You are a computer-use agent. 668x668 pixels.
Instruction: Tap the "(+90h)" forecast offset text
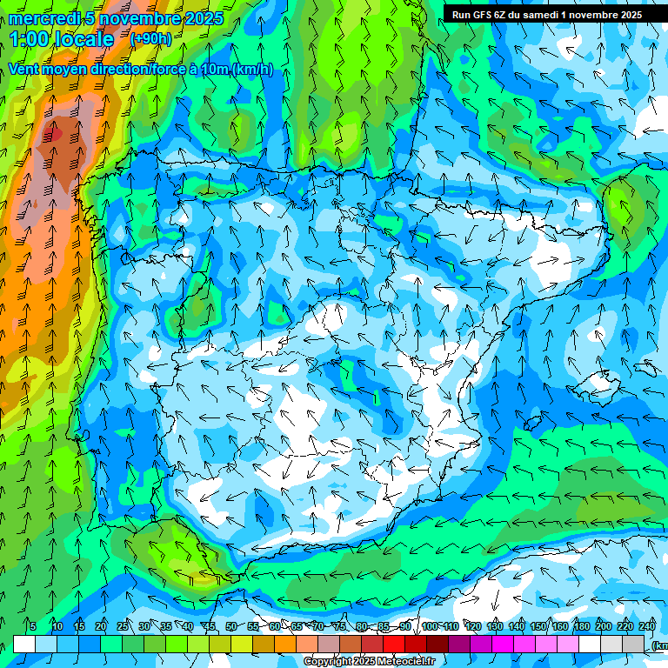pos(150,38)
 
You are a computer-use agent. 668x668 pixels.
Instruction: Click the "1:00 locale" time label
pos(63,39)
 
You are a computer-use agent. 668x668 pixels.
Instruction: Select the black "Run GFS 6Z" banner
pos(546,14)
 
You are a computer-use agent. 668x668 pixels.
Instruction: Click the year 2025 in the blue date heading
pos(200,17)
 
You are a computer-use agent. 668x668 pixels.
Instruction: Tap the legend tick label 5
pos(33,626)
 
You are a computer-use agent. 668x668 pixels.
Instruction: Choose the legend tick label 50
pos(230,626)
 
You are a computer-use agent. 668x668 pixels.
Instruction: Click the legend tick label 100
pos(429,626)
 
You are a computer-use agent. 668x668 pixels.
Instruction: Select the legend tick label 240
pos(647,626)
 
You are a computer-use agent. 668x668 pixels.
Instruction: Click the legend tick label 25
pos(122,626)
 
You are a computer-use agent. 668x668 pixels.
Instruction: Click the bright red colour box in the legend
pos(394,644)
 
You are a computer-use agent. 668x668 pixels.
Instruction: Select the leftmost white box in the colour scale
pos(24,644)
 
